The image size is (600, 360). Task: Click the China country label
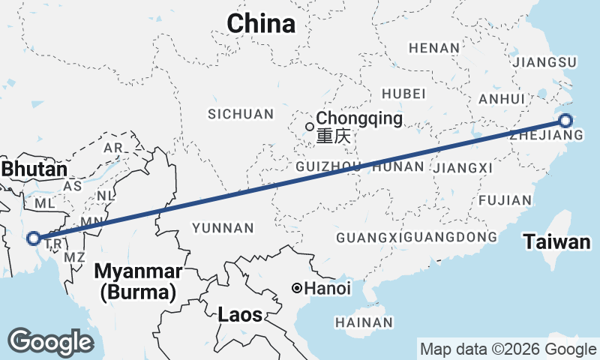coord(261,24)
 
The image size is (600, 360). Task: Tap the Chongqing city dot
coord(309,126)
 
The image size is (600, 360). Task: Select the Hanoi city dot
coord(298,288)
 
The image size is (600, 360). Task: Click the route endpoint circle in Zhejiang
coord(565,120)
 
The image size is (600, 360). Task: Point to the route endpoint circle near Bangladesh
coord(33,238)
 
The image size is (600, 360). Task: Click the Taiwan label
coord(557,242)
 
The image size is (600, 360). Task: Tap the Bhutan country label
coord(34,170)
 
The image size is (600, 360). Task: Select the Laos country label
coord(240,315)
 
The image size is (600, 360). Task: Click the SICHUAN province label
coord(241,114)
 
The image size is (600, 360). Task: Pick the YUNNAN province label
coord(223,227)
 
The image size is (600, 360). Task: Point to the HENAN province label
coord(434,48)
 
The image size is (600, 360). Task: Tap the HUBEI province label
coord(403,94)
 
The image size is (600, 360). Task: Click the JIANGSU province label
coord(542,61)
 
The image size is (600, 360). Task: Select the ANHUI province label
coord(502,99)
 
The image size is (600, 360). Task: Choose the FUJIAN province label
coord(505,200)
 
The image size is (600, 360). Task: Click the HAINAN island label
coord(365,322)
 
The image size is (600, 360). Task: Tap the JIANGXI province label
coord(463,167)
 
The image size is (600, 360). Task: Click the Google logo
coord(50,342)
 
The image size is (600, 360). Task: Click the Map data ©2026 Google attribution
coord(508,349)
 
